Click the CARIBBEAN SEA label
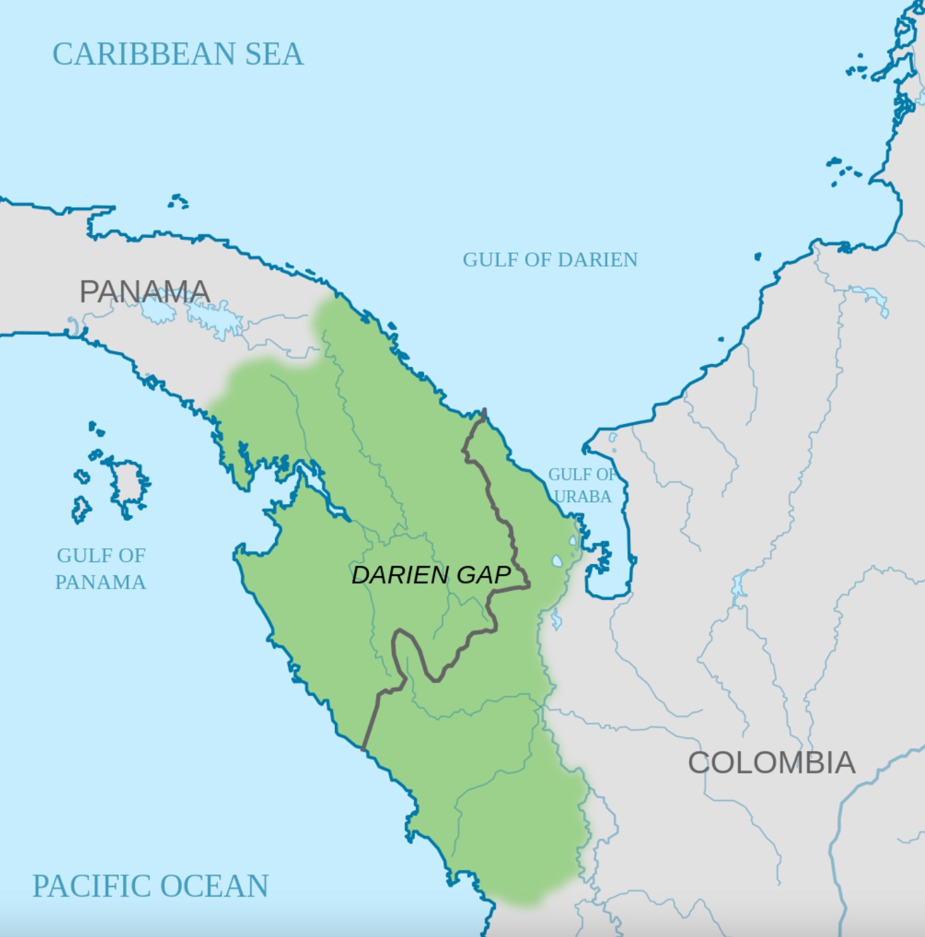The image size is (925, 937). coord(177,54)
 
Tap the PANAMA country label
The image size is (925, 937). coord(145,292)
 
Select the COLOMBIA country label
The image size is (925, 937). coord(771,762)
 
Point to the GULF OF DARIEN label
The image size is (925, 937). coord(550,259)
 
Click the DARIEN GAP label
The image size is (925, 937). coord(431,575)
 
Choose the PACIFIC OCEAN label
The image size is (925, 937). coord(150,886)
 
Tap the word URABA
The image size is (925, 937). coord(582,496)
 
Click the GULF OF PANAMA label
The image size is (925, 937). coord(100,568)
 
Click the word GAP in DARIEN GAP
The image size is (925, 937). coord(482,575)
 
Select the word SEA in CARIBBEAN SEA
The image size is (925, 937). coord(274,54)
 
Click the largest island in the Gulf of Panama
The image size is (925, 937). coord(126,482)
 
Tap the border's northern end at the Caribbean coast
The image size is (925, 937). coord(484,411)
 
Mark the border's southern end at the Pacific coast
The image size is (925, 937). coord(363,748)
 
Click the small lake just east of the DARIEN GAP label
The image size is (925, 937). coord(557,562)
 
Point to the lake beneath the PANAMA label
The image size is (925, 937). coord(156,310)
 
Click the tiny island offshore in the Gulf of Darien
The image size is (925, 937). coord(757,257)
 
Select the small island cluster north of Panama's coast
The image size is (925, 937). coord(178,201)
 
